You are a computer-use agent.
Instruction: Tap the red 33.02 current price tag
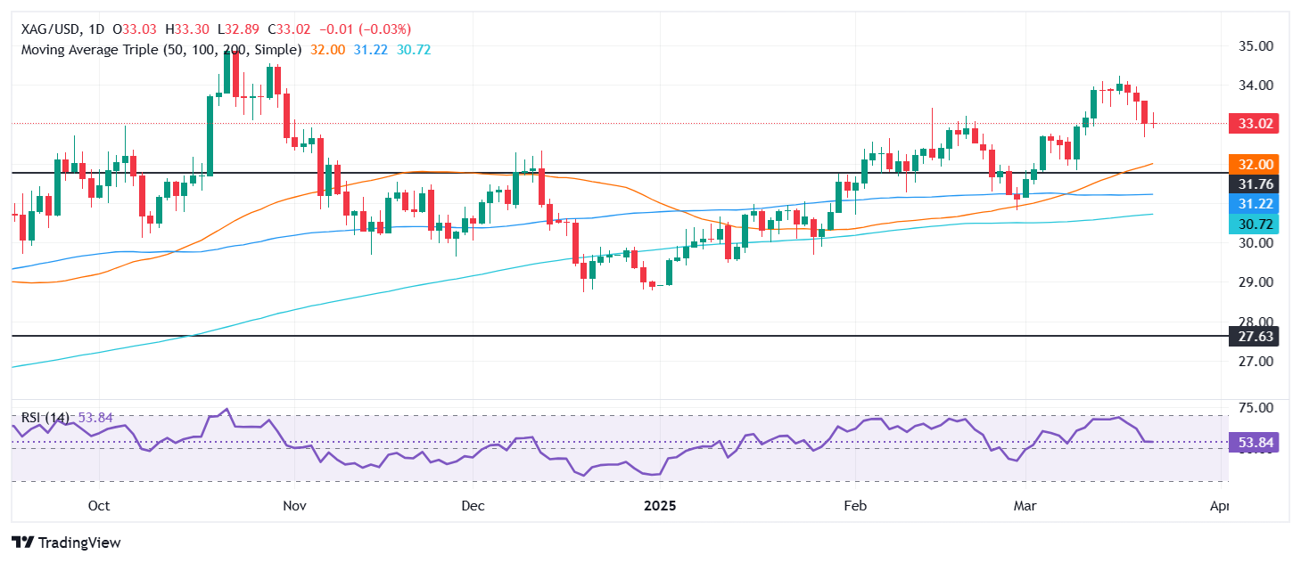(x=1254, y=125)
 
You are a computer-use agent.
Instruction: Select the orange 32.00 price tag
(x=1254, y=164)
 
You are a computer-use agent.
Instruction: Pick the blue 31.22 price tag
(x=1254, y=205)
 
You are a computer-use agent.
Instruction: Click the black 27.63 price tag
(x=1254, y=337)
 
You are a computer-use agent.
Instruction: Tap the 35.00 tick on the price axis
(x=1254, y=45)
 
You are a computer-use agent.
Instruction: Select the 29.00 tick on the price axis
(x=1254, y=282)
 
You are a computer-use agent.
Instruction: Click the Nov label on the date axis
(x=294, y=505)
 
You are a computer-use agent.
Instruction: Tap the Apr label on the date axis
(x=1220, y=505)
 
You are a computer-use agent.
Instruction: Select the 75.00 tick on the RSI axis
(x=1254, y=408)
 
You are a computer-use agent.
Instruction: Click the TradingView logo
(x=66, y=543)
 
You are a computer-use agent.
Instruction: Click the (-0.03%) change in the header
(x=385, y=29)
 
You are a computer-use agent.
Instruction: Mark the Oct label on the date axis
(x=99, y=505)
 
